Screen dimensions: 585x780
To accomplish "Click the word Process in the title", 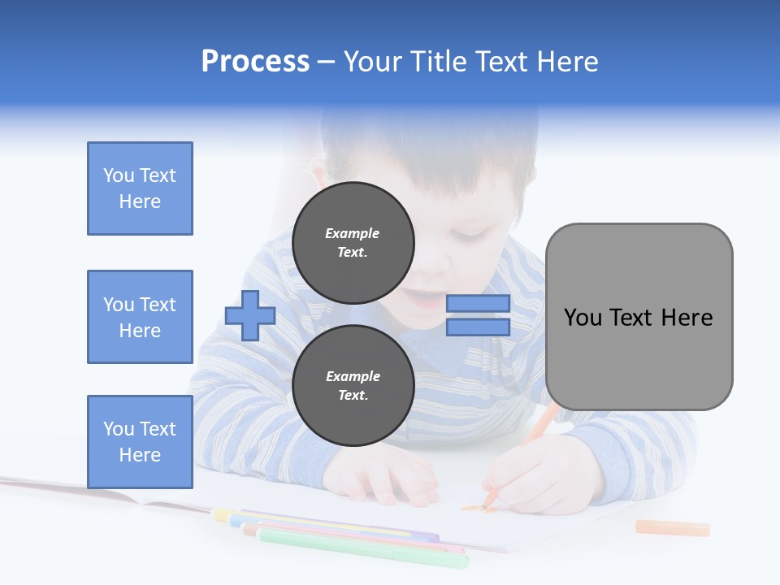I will (255, 62).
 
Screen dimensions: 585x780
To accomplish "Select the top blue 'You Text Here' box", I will (140, 188).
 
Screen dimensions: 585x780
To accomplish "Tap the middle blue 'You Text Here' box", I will (140, 317).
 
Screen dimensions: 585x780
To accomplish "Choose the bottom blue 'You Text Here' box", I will (140, 441).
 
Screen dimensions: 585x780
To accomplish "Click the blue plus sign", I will (250, 315).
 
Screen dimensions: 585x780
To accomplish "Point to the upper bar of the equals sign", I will (478, 304).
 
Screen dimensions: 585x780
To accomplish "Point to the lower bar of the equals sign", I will (478, 327).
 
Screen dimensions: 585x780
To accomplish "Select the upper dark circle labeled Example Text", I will (353, 242).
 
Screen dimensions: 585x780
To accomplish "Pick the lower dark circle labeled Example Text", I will (353, 386).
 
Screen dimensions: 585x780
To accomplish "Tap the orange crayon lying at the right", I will (672, 528).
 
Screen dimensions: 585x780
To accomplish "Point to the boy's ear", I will (318, 172).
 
